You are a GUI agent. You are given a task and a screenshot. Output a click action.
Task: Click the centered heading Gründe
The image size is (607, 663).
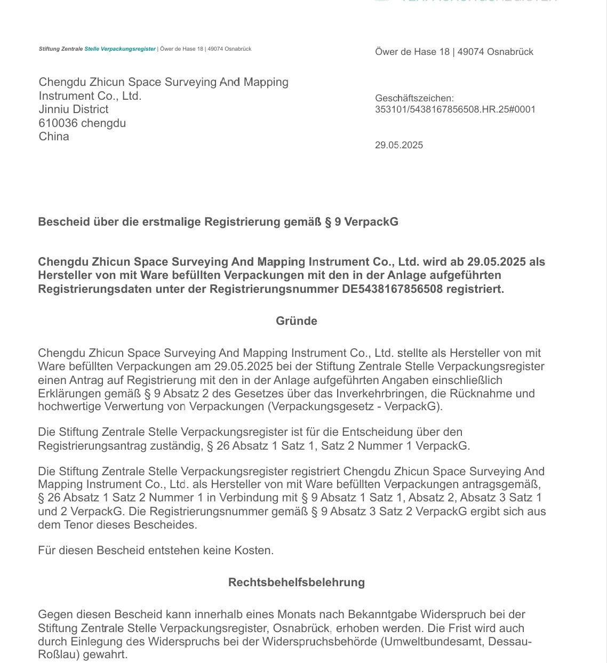click(297, 321)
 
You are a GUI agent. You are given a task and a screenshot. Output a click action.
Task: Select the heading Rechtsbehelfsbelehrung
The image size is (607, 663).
click(297, 582)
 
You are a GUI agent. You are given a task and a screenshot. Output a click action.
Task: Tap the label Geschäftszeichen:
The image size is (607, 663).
click(414, 98)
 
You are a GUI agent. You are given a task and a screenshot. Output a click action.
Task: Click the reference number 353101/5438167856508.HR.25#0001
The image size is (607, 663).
click(455, 109)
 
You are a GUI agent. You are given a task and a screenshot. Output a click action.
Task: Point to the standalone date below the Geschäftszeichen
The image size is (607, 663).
click(399, 145)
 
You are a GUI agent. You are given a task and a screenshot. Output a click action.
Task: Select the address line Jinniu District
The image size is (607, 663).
click(74, 109)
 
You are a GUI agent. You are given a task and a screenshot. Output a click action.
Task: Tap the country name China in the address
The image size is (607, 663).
click(54, 137)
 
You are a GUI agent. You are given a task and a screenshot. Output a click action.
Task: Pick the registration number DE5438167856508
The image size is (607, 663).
click(393, 289)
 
